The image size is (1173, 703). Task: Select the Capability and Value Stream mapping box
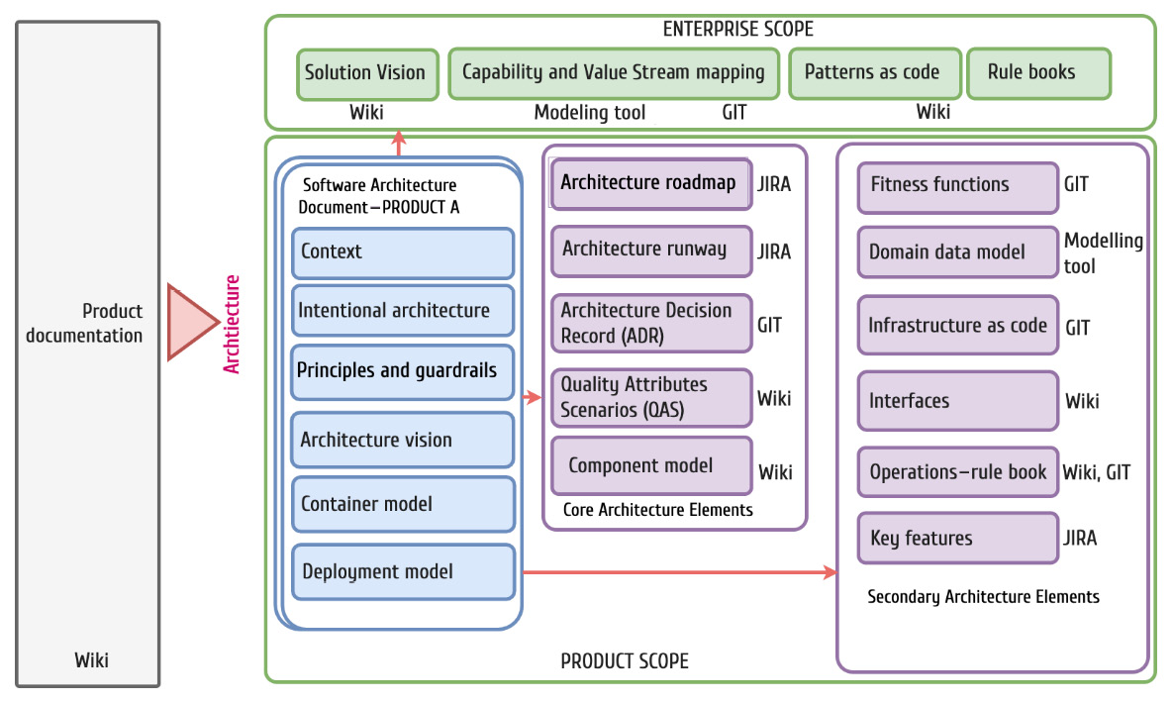pyautogui.click(x=614, y=74)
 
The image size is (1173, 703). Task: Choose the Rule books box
pyautogui.click(x=1037, y=74)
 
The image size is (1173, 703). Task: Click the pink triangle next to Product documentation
pyautogui.click(x=191, y=323)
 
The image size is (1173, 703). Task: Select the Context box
pyautogui.click(x=403, y=252)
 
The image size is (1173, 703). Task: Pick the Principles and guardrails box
pyautogui.click(x=403, y=371)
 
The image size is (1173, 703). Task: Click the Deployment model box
pyautogui.click(x=403, y=572)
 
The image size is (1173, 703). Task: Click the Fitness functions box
pyautogui.click(x=957, y=186)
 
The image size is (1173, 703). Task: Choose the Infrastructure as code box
pyautogui.click(x=957, y=326)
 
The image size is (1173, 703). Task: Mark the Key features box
pyautogui.click(x=957, y=539)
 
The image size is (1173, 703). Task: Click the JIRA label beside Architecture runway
pyautogui.click(x=774, y=251)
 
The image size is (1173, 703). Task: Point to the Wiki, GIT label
pyautogui.click(x=1096, y=472)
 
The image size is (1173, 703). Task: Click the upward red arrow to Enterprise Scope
pyautogui.click(x=398, y=145)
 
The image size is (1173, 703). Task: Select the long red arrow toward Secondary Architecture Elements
pyautogui.click(x=678, y=572)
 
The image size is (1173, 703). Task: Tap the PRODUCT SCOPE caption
pyautogui.click(x=625, y=661)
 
